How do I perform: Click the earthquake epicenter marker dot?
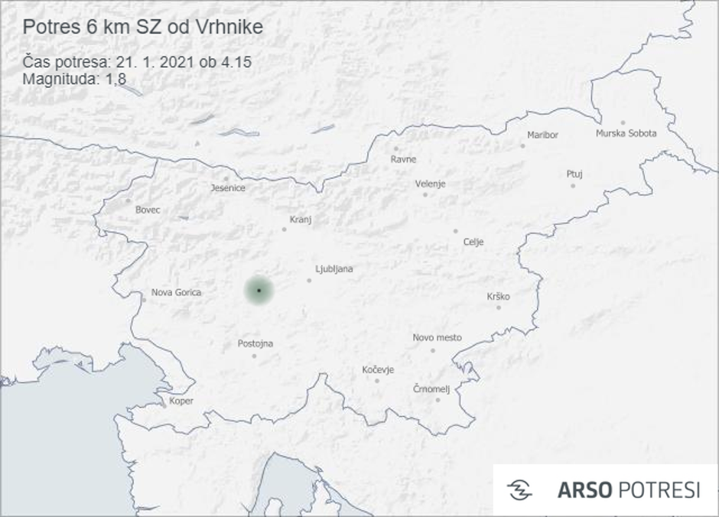(259, 291)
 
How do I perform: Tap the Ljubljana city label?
(333, 269)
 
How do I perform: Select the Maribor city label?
(542, 135)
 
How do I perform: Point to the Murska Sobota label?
(626, 133)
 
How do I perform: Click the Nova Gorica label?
(176, 292)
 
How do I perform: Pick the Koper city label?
(181, 401)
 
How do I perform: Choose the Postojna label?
(255, 343)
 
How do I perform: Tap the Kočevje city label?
(378, 370)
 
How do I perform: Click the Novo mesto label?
(437, 337)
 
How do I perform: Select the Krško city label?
(498, 297)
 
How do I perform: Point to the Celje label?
(473, 242)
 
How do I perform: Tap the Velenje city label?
(430, 184)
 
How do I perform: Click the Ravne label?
(403, 160)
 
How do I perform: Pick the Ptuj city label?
(574, 174)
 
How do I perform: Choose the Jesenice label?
(228, 187)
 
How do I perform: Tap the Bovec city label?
(148, 210)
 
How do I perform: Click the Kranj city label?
(301, 219)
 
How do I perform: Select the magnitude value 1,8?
(116, 78)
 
